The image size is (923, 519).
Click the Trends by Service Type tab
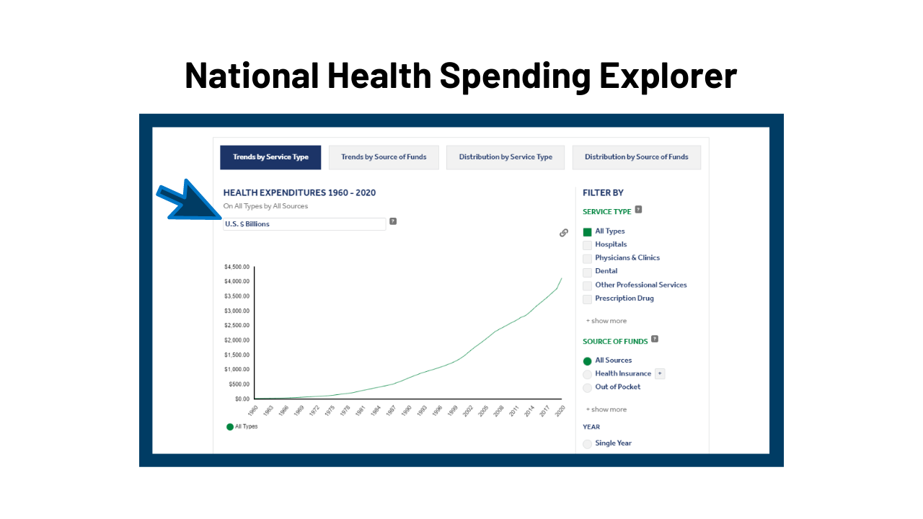click(270, 157)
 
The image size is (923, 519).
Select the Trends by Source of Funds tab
click(384, 157)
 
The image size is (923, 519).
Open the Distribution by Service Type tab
click(505, 157)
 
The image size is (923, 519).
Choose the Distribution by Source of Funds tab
click(636, 157)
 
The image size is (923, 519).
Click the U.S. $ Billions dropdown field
click(304, 224)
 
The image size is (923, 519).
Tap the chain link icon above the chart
click(564, 233)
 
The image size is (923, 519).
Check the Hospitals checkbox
click(588, 245)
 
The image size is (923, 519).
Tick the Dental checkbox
click(588, 272)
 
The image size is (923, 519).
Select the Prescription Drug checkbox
click(588, 299)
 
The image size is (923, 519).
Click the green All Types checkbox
click(588, 232)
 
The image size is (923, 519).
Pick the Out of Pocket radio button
click(588, 388)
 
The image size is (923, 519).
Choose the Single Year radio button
click(588, 444)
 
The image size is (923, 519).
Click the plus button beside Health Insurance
click(660, 373)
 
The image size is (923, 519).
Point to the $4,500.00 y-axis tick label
click(237, 267)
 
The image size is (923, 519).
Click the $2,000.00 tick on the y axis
click(237, 340)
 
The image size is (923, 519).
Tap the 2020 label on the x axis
click(560, 410)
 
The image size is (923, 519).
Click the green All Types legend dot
click(230, 427)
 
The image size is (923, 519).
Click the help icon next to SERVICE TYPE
click(639, 210)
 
